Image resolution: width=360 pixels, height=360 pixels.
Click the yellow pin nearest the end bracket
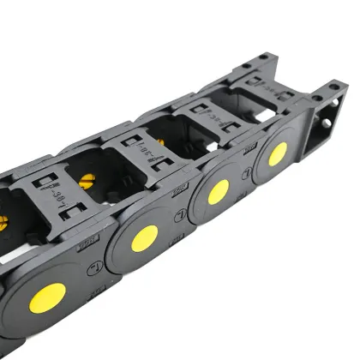[277, 154]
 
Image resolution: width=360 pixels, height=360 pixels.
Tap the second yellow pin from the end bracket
[218, 191]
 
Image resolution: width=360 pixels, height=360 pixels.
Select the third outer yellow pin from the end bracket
[144, 239]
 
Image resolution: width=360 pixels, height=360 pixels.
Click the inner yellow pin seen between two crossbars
[86, 181]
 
